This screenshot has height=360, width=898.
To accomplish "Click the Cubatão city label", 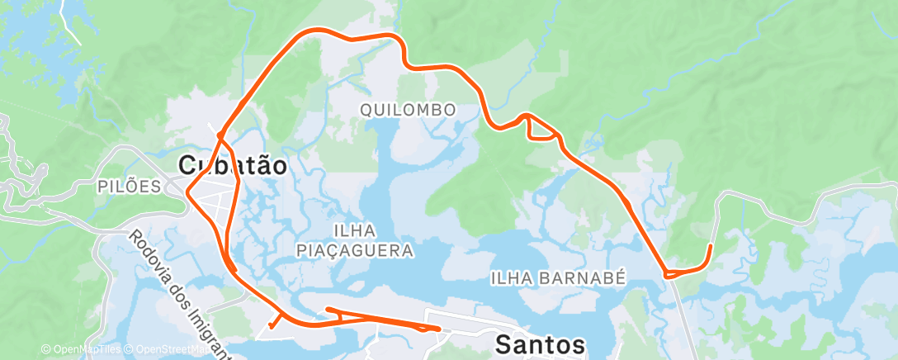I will (234, 166).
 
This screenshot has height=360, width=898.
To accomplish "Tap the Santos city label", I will (541, 344).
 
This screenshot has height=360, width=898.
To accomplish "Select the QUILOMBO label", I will (409, 109).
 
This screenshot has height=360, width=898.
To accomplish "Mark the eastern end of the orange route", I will (711, 245).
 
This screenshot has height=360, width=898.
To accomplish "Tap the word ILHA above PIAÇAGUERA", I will (355, 229).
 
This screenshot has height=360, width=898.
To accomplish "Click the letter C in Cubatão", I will (188, 166).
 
